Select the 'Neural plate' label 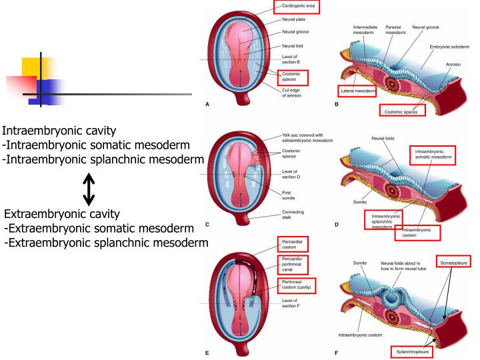[x=293, y=21]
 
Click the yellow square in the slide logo [x=37, y=69]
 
